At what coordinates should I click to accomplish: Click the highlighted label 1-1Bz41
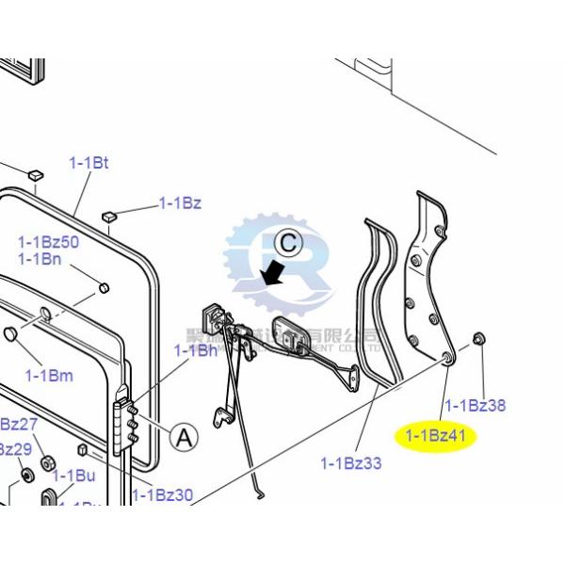pos(436,436)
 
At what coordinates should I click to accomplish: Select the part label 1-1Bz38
pos(475,406)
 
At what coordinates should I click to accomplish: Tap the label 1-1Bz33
pos(351,462)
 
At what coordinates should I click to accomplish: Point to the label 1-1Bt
pos(89,163)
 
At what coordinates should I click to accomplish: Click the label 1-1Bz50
pos(49,242)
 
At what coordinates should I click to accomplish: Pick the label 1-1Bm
pos(49,376)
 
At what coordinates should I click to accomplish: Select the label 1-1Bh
pos(196,350)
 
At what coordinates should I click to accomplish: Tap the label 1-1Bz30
pos(162,494)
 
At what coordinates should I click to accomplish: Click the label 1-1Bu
pos(73,476)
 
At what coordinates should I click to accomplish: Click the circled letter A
pos(184,436)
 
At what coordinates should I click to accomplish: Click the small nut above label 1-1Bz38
pos(479,337)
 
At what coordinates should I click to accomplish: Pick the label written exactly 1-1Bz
pos(179,202)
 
